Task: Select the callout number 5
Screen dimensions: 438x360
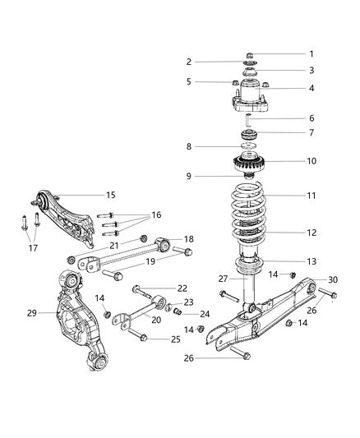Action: (x=188, y=81)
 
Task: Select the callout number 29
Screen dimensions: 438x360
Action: (x=31, y=313)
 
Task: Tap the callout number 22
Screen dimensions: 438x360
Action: (x=182, y=288)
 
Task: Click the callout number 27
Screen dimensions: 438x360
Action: (x=223, y=279)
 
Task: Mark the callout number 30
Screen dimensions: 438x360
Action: (x=332, y=279)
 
